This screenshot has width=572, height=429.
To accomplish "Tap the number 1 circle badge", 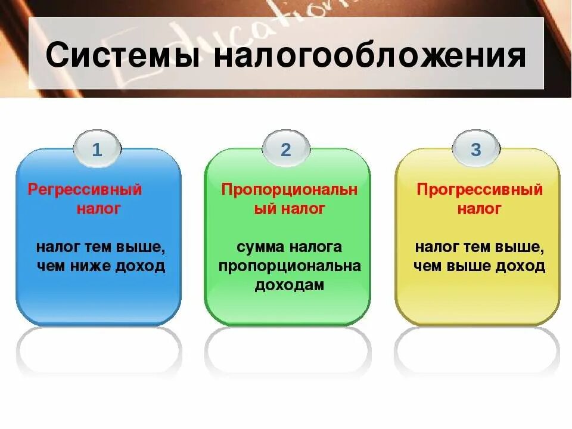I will pyautogui.click(x=97, y=150).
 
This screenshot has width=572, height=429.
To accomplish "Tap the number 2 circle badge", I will pyautogui.click(x=286, y=150).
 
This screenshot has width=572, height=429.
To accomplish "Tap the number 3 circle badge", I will pyautogui.click(x=475, y=150).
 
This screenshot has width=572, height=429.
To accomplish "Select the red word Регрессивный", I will pyautogui.click(x=85, y=190).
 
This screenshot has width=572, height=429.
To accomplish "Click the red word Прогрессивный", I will pyautogui.click(x=480, y=190).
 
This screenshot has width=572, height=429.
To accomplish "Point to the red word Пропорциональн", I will pyautogui.click(x=290, y=190).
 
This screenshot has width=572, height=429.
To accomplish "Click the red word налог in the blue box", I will pyautogui.click(x=98, y=209).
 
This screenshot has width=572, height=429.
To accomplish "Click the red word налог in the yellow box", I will pyautogui.click(x=480, y=209).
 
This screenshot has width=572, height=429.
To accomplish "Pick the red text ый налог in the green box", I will pyautogui.click(x=290, y=209).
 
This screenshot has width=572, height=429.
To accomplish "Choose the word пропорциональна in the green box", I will pyautogui.click(x=290, y=266).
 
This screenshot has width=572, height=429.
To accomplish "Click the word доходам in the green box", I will pyautogui.click(x=290, y=285).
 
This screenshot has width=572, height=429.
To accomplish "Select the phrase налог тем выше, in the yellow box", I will pyautogui.click(x=480, y=247).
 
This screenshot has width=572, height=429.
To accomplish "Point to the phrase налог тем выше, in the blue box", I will pyautogui.click(x=100, y=247).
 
